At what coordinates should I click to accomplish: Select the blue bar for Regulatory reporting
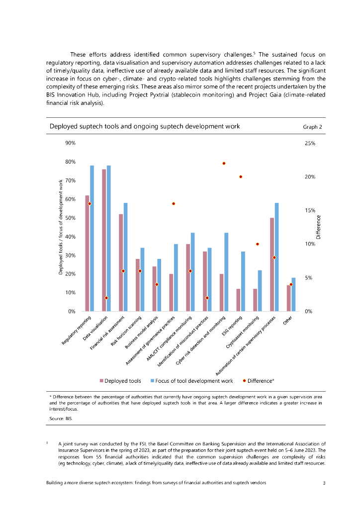click(x=92, y=239)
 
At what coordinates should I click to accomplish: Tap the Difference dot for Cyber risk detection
click(x=224, y=163)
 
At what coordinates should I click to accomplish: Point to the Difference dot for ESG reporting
click(x=241, y=176)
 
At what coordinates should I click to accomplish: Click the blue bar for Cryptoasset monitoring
click(x=260, y=291)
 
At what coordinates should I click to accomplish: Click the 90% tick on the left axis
click(x=70, y=143)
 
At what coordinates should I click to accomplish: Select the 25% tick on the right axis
click(x=310, y=143)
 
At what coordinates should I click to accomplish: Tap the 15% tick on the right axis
click(x=310, y=210)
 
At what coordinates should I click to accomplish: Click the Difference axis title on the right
click(x=319, y=227)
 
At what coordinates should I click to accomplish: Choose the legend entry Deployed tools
click(x=121, y=381)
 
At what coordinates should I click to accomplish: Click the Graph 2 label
click(x=312, y=127)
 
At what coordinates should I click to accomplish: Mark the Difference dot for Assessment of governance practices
click(x=174, y=204)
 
